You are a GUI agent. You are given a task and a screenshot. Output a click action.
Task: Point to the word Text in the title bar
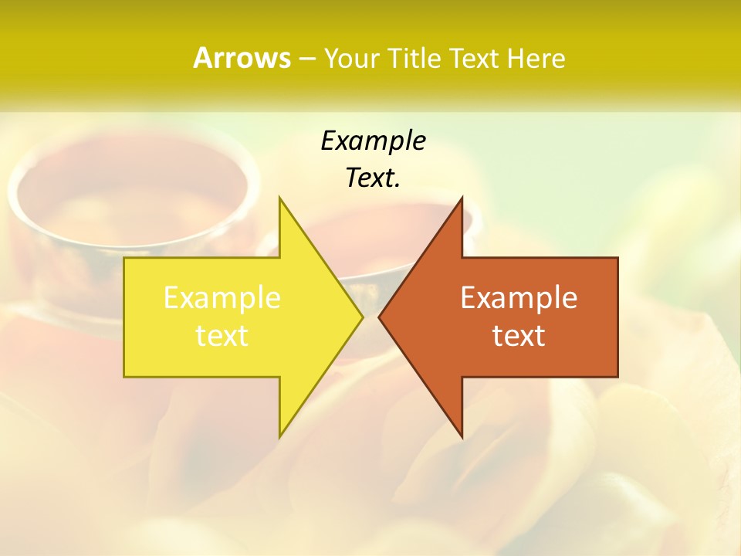[x=474, y=58]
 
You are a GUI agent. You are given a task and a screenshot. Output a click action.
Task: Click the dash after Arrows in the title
[x=306, y=59]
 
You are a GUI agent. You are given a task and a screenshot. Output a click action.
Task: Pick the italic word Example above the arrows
[x=373, y=141]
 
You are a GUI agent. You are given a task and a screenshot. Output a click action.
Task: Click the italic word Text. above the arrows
[x=373, y=178]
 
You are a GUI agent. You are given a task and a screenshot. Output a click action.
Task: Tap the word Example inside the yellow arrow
[x=222, y=298]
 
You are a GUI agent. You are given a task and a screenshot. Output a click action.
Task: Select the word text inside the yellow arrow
[x=222, y=336]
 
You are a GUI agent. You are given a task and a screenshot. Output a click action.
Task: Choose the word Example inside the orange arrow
[x=519, y=298]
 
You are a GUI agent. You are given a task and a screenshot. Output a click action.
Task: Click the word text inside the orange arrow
[x=519, y=336]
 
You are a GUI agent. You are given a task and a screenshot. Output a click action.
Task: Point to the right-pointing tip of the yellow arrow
[x=362, y=317]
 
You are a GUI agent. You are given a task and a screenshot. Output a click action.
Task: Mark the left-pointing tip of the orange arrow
[x=379, y=317]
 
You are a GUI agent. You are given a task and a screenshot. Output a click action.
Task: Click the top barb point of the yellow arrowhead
[x=279, y=198]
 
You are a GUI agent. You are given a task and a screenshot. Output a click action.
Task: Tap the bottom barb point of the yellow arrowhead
[x=279, y=437]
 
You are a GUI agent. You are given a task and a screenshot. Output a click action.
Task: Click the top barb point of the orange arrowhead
[x=462, y=198]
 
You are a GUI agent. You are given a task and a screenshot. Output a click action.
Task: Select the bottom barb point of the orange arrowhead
[x=462, y=437]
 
